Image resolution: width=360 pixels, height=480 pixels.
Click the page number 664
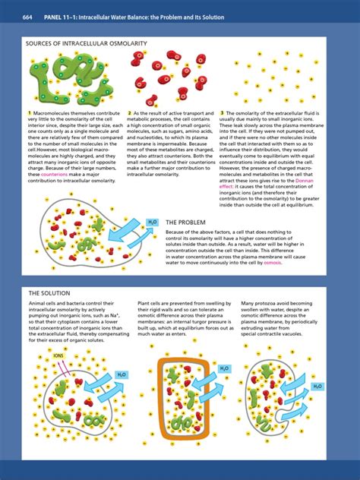(28, 17)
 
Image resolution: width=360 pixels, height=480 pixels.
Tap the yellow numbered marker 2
(130, 113)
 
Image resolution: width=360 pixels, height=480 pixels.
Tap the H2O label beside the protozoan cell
(317, 386)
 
